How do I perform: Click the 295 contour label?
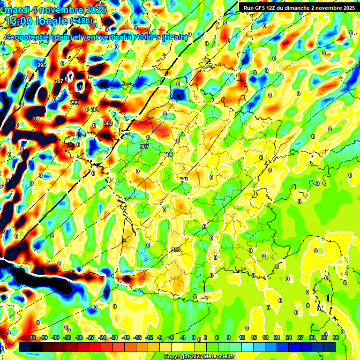coord(42,65)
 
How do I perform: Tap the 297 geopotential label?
coord(59,81)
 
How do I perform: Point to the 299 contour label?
coord(75,103)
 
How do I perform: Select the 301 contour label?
coord(95,109)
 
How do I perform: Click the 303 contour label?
coord(108,123)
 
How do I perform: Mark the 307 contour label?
coord(144,147)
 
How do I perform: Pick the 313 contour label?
coord(176,250)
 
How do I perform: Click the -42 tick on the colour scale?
coord(32,337)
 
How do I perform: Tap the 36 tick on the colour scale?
coord(336,337)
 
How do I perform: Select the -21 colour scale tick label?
coord(114,337)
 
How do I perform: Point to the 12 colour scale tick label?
coord(242,337)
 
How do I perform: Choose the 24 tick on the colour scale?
coord(289,337)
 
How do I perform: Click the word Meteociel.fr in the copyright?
coord(218,356)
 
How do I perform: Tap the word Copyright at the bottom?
coord(177,356)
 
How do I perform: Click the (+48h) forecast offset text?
coord(81,21)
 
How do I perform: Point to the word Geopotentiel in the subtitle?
coord(28,37)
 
